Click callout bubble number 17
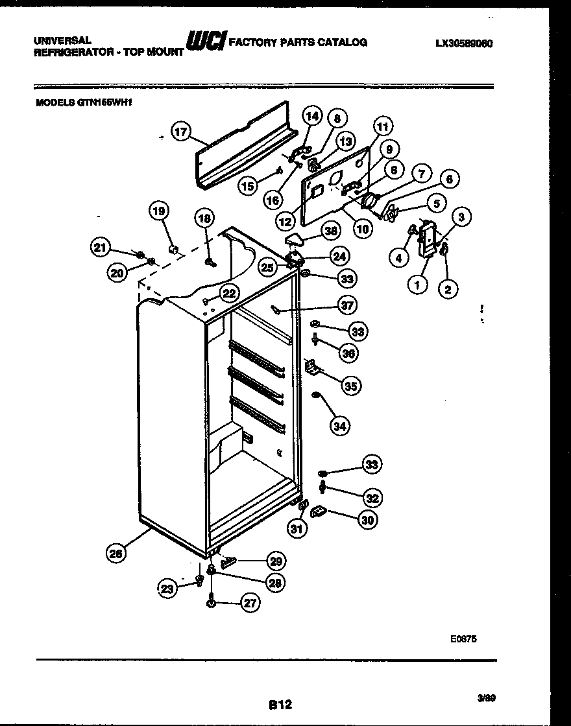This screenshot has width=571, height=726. click(x=181, y=132)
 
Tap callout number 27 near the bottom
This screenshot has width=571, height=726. click(x=249, y=603)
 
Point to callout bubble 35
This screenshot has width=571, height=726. click(x=350, y=386)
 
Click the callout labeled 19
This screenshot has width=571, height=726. click(x=158, y=210)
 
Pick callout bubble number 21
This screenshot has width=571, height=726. click(x=99, y=246)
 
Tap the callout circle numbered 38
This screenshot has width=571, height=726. click(x=332, y=230)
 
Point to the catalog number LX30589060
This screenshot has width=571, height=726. click(x=464, y=44)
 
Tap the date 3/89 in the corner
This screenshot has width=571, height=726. click(x=487, y=697)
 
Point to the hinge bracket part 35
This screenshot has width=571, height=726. click(x=311, y=368)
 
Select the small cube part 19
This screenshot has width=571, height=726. click(x=174, y=248)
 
